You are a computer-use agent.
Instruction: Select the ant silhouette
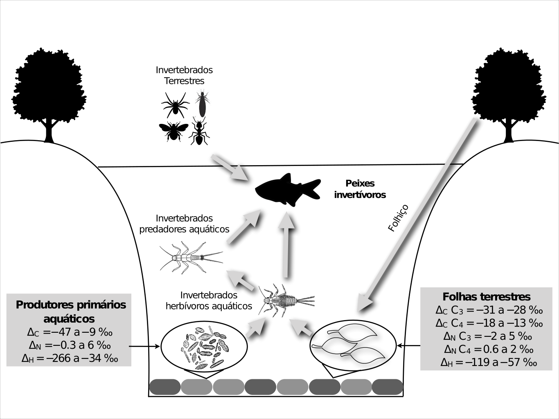coord(199,132)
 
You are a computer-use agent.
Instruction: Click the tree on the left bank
coord(49,90)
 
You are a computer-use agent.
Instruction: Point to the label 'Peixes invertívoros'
coord(360,189)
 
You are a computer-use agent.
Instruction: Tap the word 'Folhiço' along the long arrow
coord(398,218)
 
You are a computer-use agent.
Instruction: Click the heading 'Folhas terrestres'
coord(487,296)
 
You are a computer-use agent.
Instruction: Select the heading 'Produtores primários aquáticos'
coord(70,311)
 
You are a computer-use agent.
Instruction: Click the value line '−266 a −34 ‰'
coord(70,359)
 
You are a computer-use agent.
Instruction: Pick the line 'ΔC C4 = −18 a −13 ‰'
coord(489,323)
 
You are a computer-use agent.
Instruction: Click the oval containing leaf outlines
coord(353,346)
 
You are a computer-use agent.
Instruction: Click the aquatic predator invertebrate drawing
coord(191,258)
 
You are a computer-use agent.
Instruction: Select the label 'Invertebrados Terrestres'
coord(184,75)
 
